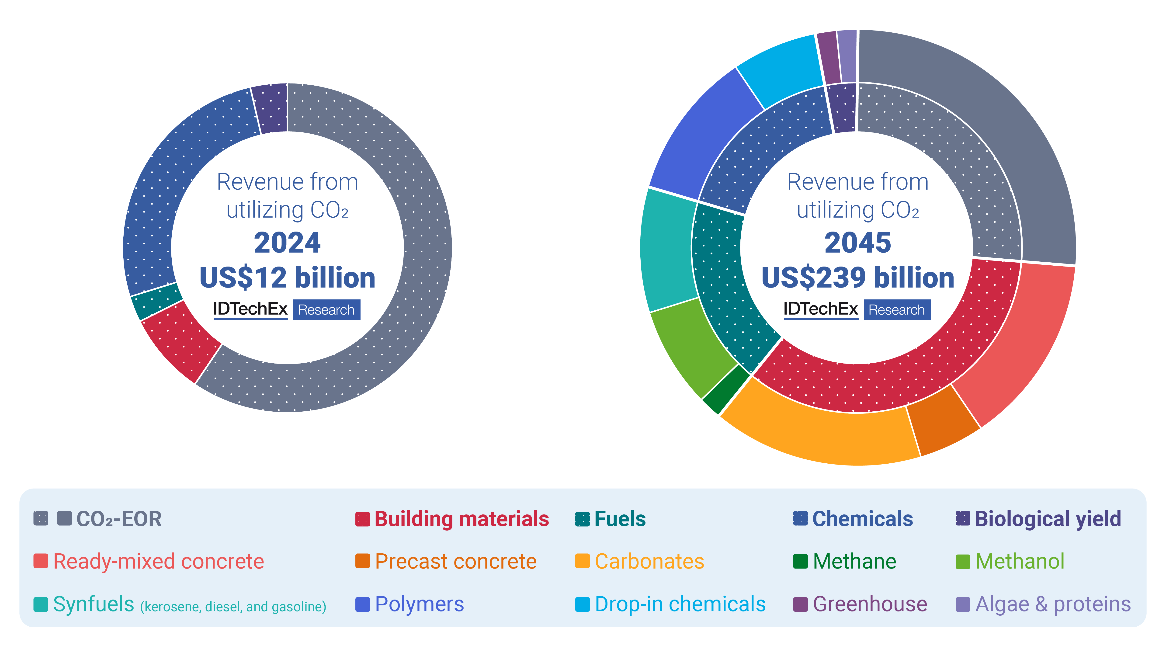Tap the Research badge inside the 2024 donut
326,310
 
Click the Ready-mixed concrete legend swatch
41,561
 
